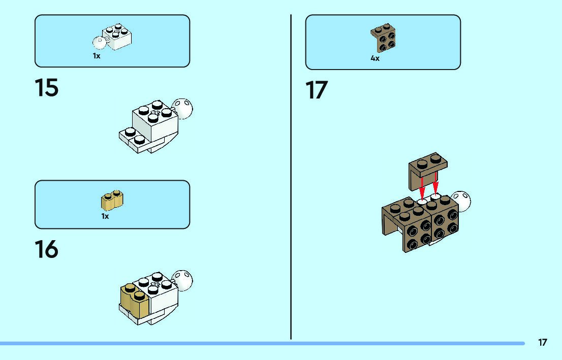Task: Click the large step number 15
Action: (x=47, y=88)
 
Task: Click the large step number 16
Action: (x=46, y=249)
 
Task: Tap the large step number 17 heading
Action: (x=317, y=90)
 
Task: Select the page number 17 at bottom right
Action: (x=543, y=342)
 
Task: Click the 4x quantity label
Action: (x=375, y=58)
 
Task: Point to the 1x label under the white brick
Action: (x=97, y=56)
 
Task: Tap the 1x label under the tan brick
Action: (x=105, y=216)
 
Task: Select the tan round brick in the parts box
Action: (x=112, y=201)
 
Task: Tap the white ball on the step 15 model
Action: (x=184, y=108)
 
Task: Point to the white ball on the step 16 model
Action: (x=184, y=279)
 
